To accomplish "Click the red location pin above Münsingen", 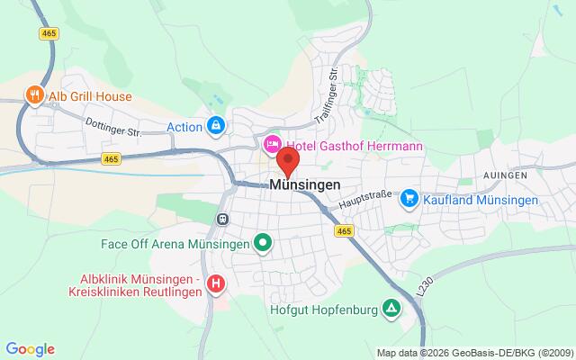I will click(288, 160).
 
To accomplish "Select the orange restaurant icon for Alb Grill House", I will click(34, 95).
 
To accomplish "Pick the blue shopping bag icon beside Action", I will click(215, 127).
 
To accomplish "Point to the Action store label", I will click(184, 127).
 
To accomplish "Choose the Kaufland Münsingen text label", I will click(481, 199).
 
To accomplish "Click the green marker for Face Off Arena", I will click(263, 242).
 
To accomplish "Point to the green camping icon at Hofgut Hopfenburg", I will click(391, 309).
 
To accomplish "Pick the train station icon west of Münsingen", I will click(220, 218).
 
